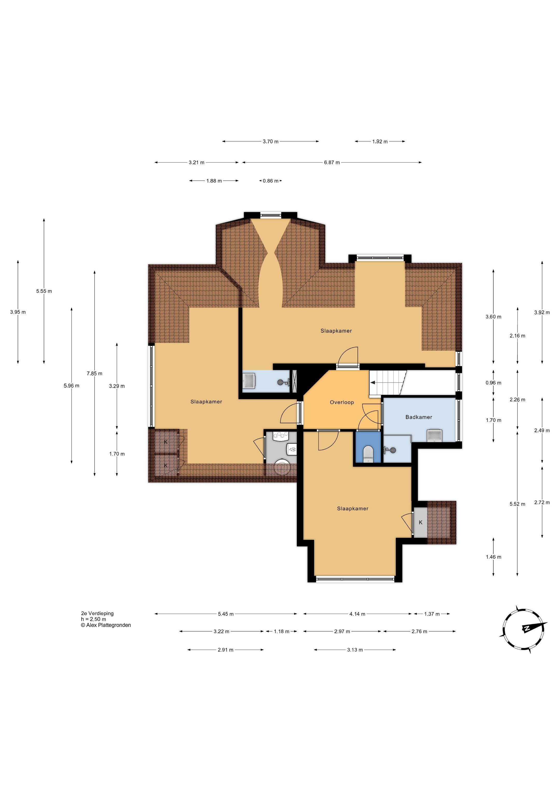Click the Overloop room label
click(x=342, y=402)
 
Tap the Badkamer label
click(x=418, y=417)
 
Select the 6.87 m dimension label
click(x=332, y=162)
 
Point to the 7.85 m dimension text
click(x=95, y=373)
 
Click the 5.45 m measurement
click(x=226, y=614)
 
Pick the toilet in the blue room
click(x=368, y=454)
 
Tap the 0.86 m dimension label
click(x=270, y=181)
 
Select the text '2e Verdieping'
click(x=97, y=613)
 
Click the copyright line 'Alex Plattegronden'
click(x=106, y=625)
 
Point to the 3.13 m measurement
click(x=355, y=650)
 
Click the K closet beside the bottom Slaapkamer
click(x=420, y=523)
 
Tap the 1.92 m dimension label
click(x=380, y=141)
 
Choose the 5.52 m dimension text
click(x=517, y=504)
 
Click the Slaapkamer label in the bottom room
click(x=353, y=509)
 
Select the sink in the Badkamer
click(x=435, y=436)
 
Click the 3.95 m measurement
click(x=18, y=312)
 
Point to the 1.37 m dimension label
click(x=432, y=614)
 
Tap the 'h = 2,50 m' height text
click(x=94, y=619)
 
